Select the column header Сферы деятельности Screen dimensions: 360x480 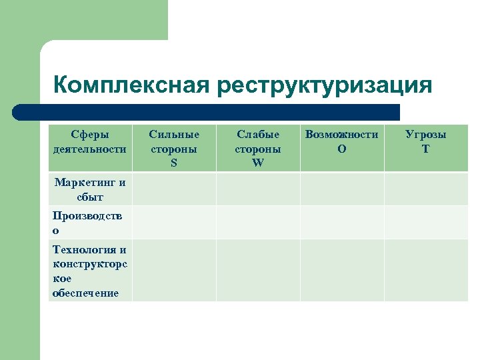[x=90, y=141]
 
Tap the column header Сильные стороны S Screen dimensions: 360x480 [x=174, y=148]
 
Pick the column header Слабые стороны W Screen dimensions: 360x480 [x=258, y=148]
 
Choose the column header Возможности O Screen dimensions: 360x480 [x=342, y=141]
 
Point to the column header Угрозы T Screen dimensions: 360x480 [x=426, y=141]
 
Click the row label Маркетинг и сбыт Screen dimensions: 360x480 [x=90, y=189]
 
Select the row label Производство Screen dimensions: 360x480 [x=90, y=223]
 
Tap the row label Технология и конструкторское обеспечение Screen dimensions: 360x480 [x=90, y=271]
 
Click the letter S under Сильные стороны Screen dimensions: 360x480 [x=174, y=163]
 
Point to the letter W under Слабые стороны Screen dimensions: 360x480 [x=258, y=163]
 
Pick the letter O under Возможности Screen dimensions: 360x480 [x=342, y=149]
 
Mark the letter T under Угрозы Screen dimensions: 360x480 [x=426, y=149]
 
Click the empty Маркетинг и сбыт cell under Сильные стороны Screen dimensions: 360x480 [x=174, y=189]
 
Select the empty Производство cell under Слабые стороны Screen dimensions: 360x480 [x=258, y=223]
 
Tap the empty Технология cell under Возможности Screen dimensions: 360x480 [x=342, y=271]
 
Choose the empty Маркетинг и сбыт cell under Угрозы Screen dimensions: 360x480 [x=426, y=189]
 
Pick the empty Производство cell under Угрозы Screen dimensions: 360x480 [x=426, y=223]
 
